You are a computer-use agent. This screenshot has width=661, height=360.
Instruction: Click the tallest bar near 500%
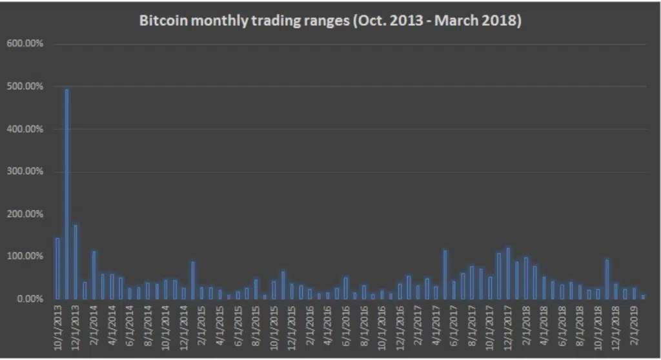[x=66, y=194]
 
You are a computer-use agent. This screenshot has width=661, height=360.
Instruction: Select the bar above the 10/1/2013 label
[x=57, y=268]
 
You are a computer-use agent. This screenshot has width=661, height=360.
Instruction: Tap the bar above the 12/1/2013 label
[x=76, y=262]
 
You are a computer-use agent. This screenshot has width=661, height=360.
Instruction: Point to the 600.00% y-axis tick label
[x=25, y=43]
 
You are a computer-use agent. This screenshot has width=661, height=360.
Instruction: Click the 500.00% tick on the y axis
[x=25, y=86]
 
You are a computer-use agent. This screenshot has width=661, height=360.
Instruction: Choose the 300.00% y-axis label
[x=25, y=171]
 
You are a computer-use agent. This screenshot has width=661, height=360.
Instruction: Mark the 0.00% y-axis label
[x=30, y=299]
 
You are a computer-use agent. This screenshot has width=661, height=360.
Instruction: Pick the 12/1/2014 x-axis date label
[x=184, y=328]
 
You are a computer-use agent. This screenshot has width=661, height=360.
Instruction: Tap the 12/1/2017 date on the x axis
[x=508, y=328]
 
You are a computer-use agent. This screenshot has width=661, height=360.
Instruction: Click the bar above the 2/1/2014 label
[x=94, y=275]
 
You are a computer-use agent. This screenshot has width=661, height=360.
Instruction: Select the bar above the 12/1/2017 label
[x=508, y=274]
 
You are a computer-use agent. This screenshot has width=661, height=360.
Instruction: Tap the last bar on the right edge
[x=643, y=297]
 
